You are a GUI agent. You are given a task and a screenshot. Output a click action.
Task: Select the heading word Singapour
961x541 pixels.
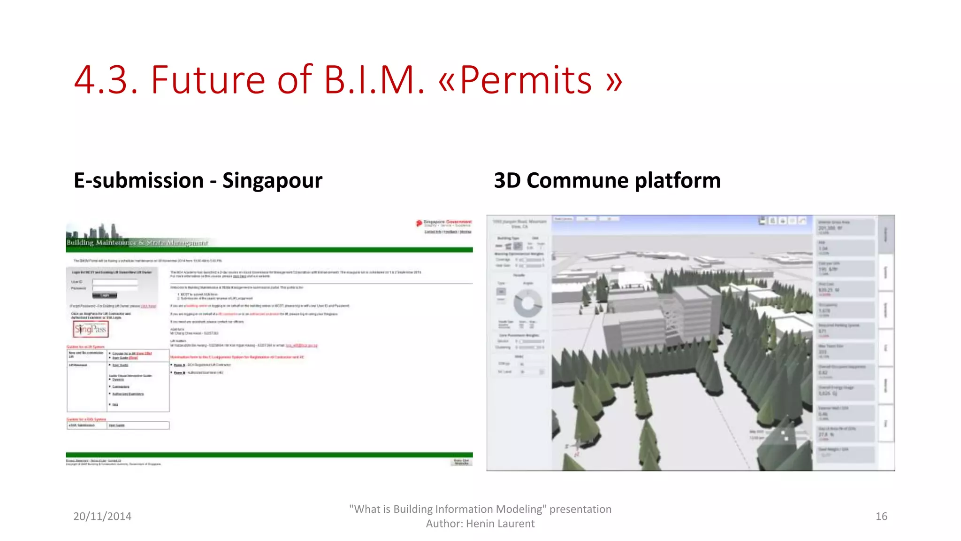pyautogui.click(x=272, y=180)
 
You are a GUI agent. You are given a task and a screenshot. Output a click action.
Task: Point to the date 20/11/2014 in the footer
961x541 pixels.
pyautogui.click(x=102, y=516)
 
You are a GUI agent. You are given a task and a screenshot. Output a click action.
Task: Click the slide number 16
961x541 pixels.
pyautogui.click(x=881, y=516)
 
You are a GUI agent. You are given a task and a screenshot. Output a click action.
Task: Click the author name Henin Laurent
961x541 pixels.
pyautogui.click(x=500, y=524)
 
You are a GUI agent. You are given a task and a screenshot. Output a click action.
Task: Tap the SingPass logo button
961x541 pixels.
pyautogui.click(x=91, y=329)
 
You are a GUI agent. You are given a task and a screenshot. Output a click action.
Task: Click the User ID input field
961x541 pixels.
pyautogui.click(x=115, y=282)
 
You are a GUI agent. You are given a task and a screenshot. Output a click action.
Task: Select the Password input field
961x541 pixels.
pyautogui.click(x=115, y=288)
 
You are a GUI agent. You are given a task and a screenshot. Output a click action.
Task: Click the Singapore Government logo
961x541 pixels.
pyautogui.click(x=444, y=223)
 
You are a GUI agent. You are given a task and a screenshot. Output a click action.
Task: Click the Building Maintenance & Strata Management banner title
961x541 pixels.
pyautogui.click(x=137, y=243)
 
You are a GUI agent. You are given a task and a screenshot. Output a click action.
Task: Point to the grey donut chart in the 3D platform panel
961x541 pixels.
pyautogui.click(x=527, y=303)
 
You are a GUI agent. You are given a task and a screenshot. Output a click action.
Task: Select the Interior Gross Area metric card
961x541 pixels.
pyautogui.click(x=845, y=227)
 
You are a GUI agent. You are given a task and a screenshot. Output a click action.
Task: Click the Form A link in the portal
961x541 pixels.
pyautogui.click(x=180, y=365)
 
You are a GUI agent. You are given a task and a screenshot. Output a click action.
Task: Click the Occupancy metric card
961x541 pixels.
pyautogui.click(x=845, y=309)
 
